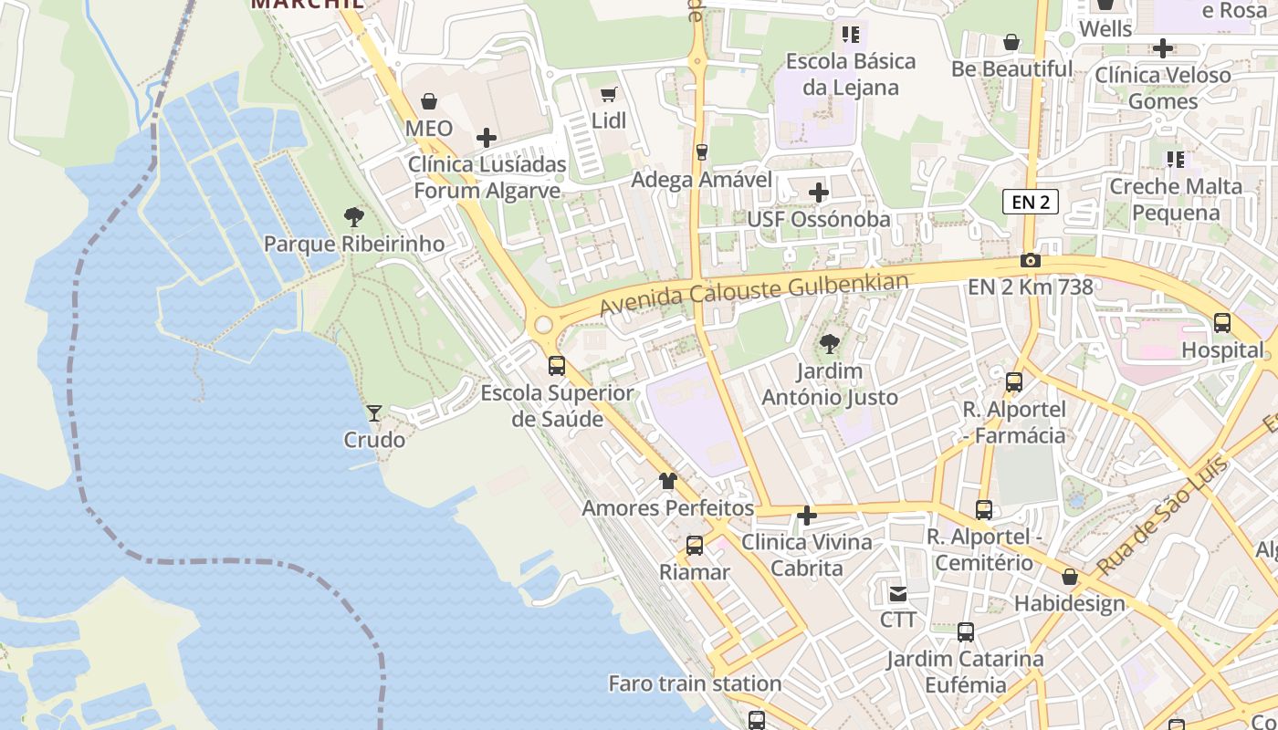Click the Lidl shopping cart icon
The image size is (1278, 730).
(609, 94)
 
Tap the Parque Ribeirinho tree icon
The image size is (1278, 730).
(354, 217)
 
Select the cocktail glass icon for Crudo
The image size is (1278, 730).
(374, 413)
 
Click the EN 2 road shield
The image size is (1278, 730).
(1031, 202)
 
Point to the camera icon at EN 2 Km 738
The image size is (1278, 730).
(1031, 261)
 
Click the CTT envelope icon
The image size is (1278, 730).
(898, 594)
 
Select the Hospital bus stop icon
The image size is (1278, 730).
(1222, 323)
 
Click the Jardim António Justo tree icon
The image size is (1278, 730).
(830, 344)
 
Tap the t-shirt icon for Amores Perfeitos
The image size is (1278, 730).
(668, 481)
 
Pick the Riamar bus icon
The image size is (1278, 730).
(695, 546)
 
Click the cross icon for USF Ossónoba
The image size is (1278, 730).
(819, 193)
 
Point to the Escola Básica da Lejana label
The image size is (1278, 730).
(850, 74)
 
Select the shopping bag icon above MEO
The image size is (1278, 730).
(429, 101)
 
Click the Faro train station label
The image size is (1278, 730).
(695, 683)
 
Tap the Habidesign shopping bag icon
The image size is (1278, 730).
(1070, 578)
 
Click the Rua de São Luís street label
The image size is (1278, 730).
(1162, 518)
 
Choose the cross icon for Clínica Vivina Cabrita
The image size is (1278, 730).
(807, 516)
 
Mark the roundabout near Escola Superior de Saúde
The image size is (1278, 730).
(544, 324)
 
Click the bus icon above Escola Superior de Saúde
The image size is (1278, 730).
(557, 366)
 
